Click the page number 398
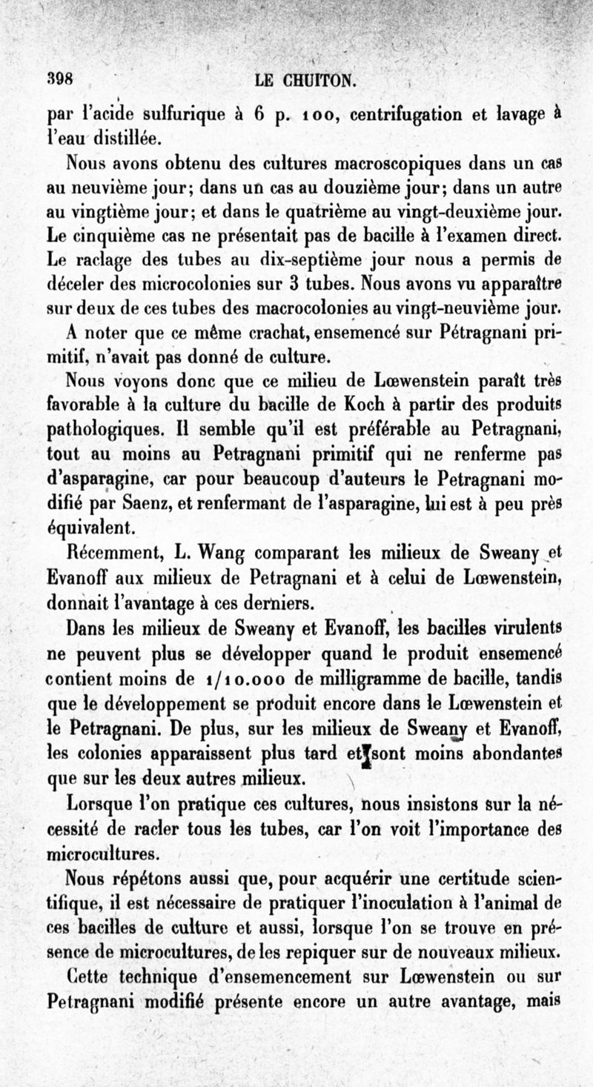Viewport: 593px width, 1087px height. [x=56, y=79]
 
